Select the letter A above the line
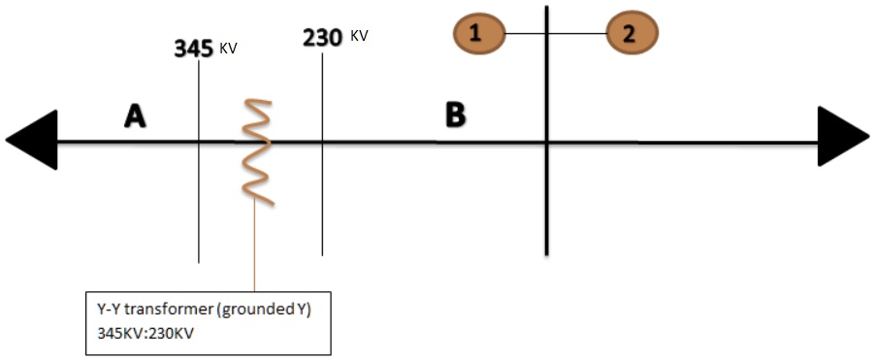coord(135,116)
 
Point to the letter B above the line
coord(455,115)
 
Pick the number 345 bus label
coord(194,49)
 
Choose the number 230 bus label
coord(323,38)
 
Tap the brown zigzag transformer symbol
coord(254,150)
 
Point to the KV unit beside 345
coord(228,48)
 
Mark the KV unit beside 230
coord(358,36)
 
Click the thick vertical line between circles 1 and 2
coord(547,194)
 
